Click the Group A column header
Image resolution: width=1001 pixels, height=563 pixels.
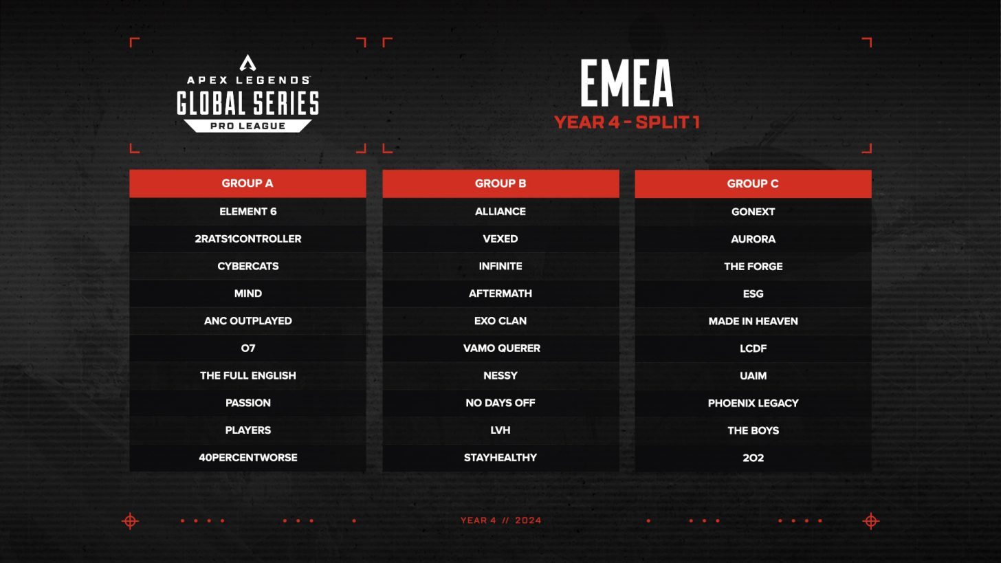click(247, 184)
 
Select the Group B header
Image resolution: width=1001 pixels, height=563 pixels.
click(500, 184)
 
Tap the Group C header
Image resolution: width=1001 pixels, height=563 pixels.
click(753, 184)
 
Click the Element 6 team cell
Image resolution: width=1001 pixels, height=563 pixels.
click(247, 212)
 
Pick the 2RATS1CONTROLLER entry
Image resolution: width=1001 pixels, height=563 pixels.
click(247, 239)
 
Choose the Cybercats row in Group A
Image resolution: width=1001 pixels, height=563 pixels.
click(247, 266)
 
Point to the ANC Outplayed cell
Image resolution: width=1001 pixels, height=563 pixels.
click(247, 321)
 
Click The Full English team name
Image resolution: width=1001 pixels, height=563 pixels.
click(247, 375)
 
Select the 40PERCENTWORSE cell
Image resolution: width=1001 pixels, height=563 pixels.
click(247, 458)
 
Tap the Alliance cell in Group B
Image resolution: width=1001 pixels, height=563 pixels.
click(500, 212)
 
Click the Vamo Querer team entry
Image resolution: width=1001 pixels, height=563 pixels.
click(501, 349)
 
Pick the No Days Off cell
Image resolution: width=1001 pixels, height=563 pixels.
click(500, 403)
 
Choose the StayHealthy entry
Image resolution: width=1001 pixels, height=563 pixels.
click(500, 458)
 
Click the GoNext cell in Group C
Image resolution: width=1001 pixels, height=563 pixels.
click(753, 212)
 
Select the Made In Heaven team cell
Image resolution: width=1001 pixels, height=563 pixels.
click(753, 321)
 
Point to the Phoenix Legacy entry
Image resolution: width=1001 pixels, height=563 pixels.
click(753, 403)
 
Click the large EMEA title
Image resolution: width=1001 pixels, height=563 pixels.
click(626, 84)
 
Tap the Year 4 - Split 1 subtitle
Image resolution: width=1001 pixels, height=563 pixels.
click(626, 122)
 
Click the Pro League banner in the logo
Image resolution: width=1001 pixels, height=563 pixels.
click(247, 126)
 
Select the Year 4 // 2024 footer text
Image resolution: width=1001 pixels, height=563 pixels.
click(500, 520)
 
